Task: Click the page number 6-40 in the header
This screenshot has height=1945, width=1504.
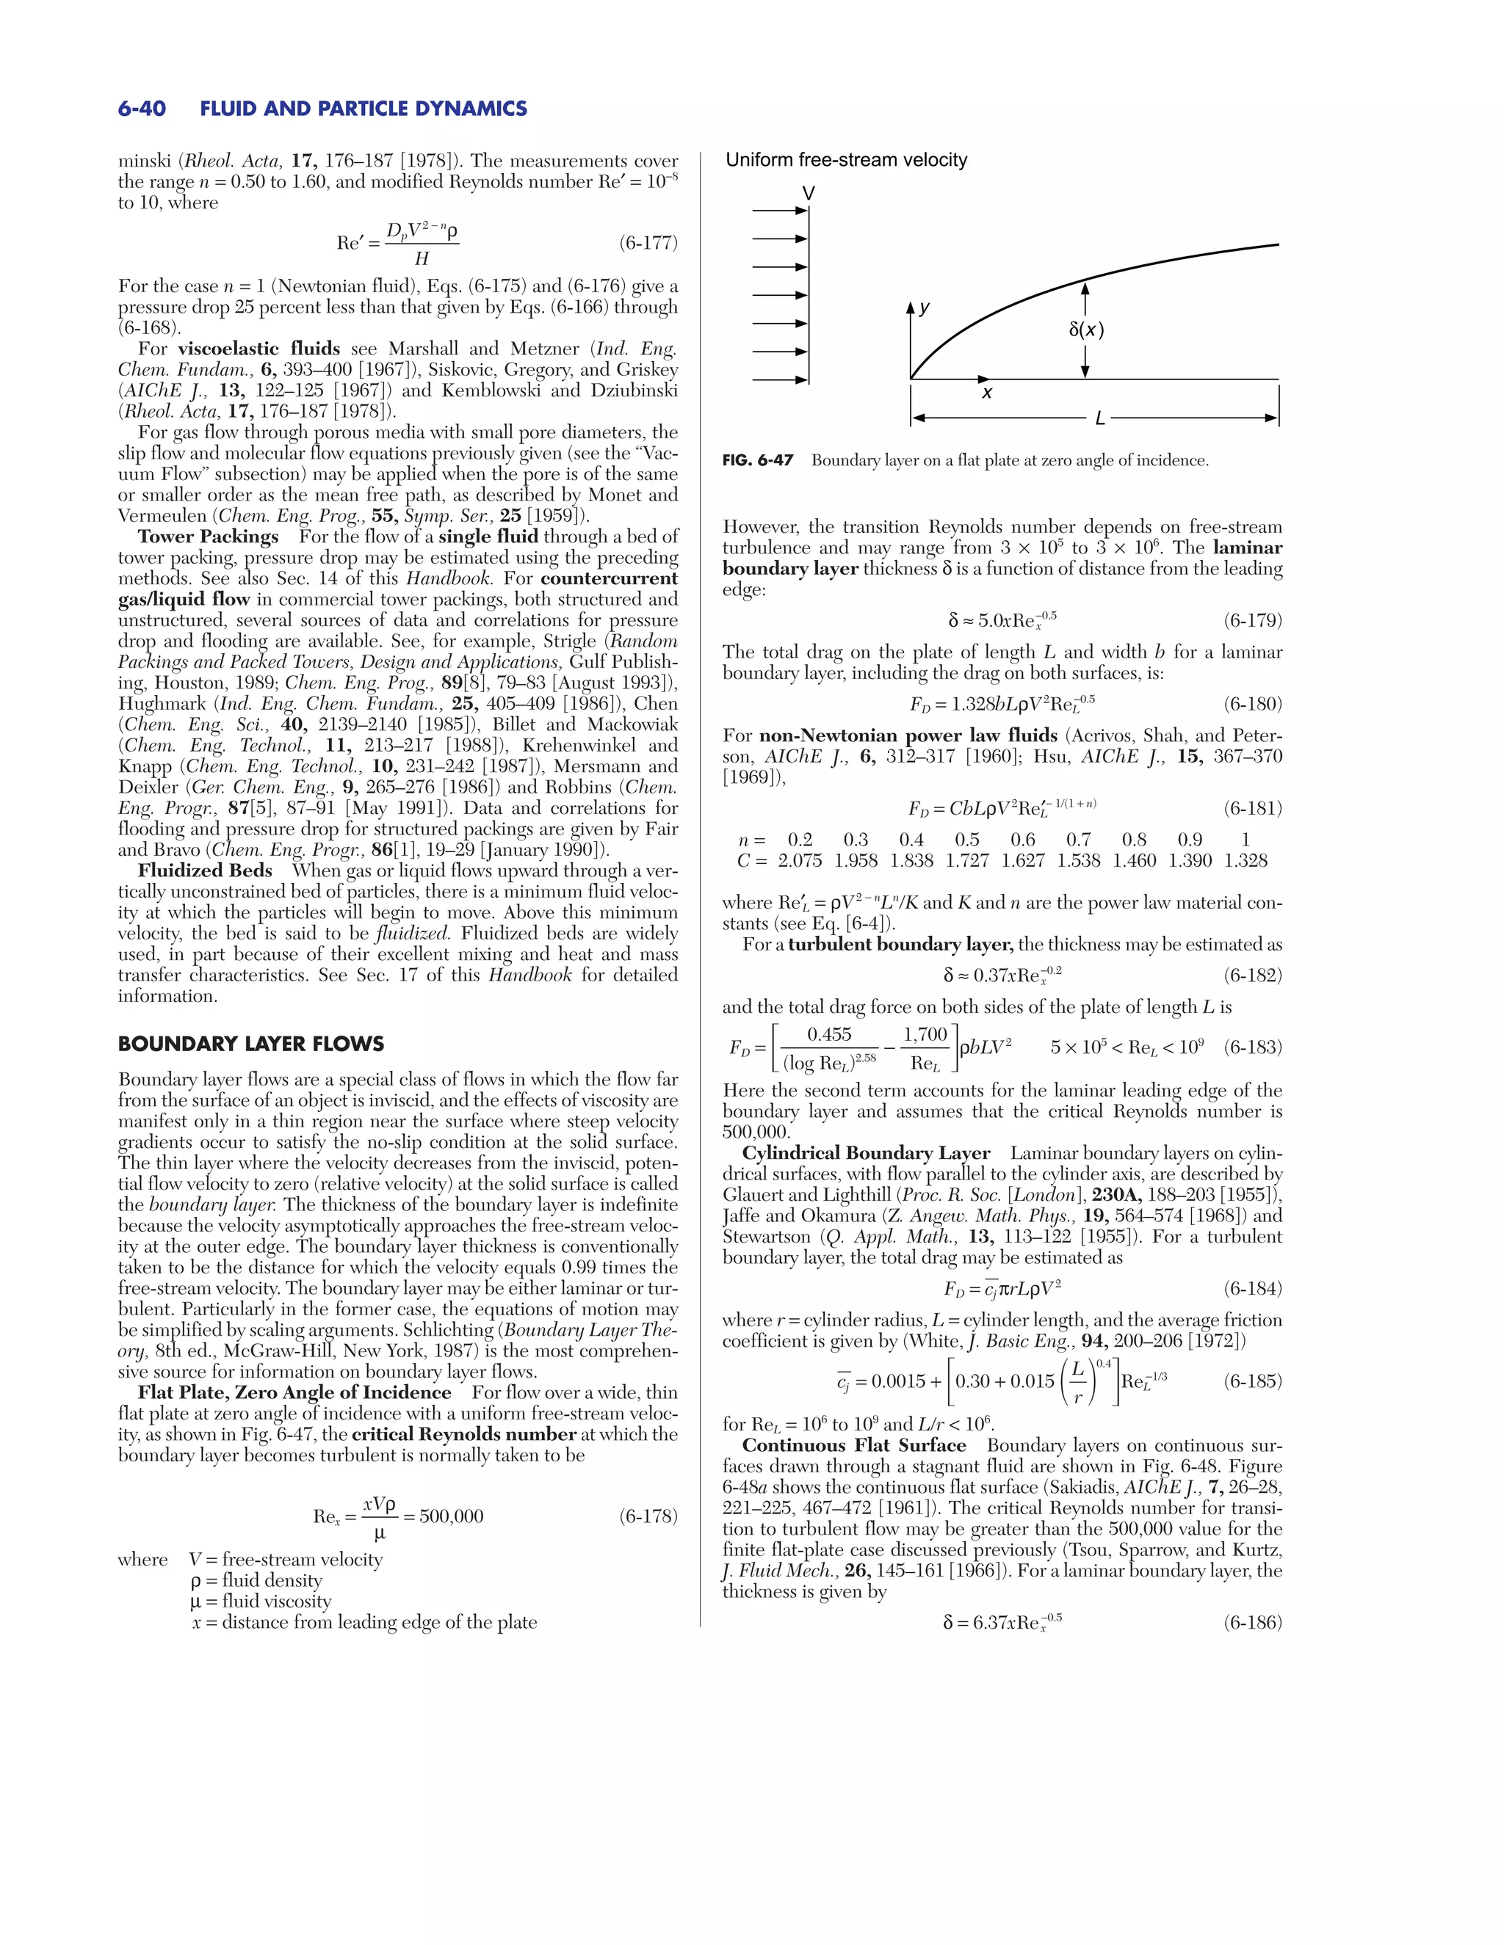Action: coord(142,109)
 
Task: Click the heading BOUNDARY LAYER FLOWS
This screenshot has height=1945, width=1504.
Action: coord(250,1044)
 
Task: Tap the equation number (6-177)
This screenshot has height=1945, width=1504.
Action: coord(648,243)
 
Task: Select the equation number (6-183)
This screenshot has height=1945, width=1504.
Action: coord(1252,1047)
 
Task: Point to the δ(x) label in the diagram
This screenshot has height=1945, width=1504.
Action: coord(1086,330)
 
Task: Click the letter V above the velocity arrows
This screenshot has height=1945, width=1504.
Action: coord(808,193)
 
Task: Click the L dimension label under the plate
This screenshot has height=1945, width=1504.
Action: coord(1099,418)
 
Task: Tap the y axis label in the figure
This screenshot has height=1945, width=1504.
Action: coord(925,308)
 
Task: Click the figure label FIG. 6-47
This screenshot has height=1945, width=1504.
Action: coord(757,460)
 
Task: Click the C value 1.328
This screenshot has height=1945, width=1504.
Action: coord(1245,861)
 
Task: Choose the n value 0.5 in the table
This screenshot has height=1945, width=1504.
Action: coord(966,840)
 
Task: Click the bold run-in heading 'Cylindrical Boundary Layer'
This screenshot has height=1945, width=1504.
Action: coord(866,1153)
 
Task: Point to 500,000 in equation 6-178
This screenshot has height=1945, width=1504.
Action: coord(451,1516)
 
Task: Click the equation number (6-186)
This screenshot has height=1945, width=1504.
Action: coord(1252,1623)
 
